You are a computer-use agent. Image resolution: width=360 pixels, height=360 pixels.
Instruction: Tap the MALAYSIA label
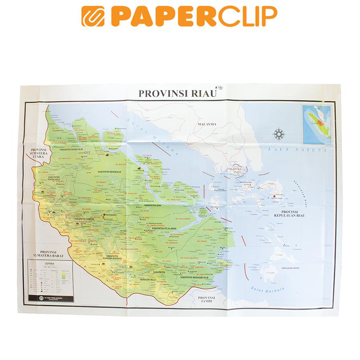[206, 124]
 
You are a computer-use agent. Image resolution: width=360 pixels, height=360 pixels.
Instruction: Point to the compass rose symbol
[278, 134]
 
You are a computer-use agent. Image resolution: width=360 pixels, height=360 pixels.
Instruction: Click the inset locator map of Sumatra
[316, 124]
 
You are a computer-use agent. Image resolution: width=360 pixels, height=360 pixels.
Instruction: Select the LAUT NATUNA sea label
[298, 151]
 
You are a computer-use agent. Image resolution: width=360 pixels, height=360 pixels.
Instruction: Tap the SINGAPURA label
[234, 169]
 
